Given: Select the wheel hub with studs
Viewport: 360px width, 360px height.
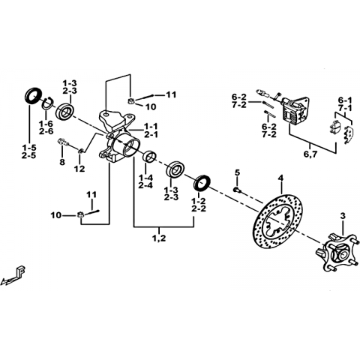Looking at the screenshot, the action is point(337,253).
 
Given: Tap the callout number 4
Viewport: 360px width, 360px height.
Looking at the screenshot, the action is point(281,178).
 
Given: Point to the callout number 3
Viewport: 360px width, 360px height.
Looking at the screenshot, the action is point(343,215).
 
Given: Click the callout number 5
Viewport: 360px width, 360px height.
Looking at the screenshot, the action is point(237,172).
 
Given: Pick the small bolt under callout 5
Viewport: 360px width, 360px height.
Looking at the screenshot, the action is point(236,190).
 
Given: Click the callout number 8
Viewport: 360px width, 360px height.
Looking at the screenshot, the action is point(62,162).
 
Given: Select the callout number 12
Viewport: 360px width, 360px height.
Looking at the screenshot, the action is point(79,169).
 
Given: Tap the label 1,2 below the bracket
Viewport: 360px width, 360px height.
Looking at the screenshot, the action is point(159,238).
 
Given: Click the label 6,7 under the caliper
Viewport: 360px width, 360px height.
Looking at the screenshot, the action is point(310,154).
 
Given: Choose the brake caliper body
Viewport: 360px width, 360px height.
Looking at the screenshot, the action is point(295,111).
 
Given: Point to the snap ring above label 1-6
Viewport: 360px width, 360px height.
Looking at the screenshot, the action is point(46,103).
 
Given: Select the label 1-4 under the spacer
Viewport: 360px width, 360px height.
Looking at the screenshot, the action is point(145,178).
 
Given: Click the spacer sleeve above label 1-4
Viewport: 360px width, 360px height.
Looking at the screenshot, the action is point(149,157).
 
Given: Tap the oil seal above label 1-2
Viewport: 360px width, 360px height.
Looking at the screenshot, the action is point(202,184).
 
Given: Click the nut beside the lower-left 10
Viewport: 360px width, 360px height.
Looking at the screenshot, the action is point(80,214).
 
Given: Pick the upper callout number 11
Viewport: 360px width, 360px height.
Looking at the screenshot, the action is point(172,95).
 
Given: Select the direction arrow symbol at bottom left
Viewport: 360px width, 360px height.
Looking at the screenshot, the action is point(13,276).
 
